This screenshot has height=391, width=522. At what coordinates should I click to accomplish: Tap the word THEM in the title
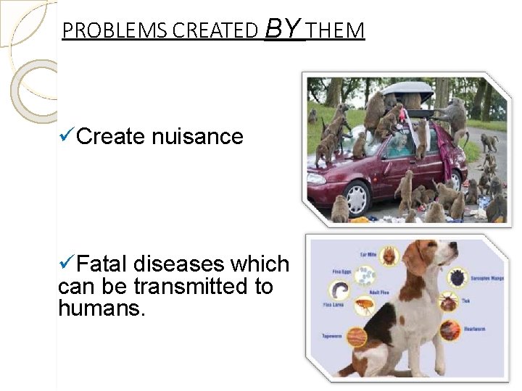(x=336, y=31)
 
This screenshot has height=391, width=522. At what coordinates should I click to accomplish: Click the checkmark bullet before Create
(x=65, y=135)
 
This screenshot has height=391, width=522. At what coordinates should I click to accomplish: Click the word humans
(x=101, y=309)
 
